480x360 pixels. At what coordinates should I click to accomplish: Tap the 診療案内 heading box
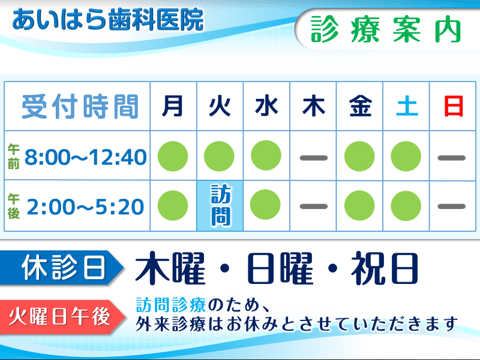tap(386, 29)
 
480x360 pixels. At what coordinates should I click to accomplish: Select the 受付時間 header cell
tap(78, 105)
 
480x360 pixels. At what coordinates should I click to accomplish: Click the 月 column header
tap(173, 105)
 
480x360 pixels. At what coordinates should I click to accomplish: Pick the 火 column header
tap(220, 105)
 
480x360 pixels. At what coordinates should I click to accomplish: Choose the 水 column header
tap(266, 105)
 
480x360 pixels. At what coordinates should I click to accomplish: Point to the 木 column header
tap(313, 105)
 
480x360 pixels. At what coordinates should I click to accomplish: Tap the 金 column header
tap(359, 105)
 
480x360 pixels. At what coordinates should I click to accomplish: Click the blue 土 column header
tap(406, 105)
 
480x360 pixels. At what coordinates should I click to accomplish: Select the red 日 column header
tap(452, 105)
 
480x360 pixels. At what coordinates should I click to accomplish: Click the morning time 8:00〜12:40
tap(86, 157)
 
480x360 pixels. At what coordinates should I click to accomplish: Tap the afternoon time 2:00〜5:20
tap(86, 207)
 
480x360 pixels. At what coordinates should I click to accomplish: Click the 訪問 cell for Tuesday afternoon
tap(220, 205)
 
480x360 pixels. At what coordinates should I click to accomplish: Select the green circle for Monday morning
tap(173, 156)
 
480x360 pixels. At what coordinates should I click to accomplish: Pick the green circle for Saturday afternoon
tap(406, 205)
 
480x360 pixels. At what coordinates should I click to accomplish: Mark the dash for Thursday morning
tap(313, 157)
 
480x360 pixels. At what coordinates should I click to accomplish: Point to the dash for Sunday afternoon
tap(452, 206)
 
